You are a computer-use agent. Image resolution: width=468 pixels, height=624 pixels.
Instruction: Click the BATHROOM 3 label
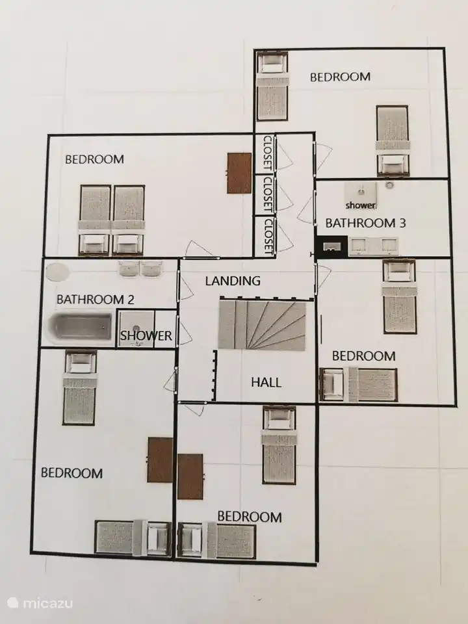[x=365, y=223]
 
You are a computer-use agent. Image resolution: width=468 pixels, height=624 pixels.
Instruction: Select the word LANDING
[x=233, y=281]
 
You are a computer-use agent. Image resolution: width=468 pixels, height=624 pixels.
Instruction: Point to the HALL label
[x=266, y=382]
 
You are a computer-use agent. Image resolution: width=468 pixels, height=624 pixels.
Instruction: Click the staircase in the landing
[x=262, y=325]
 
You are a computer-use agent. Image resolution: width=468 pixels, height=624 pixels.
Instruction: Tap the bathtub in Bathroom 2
[x=80, y=327]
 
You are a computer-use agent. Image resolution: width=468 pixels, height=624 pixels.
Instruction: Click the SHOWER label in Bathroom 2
[x=146, y=336]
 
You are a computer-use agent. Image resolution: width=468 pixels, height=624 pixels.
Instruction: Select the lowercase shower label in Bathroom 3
[x=361, y=205]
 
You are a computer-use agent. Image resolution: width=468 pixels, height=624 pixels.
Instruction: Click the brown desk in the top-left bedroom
[x=239, y=172]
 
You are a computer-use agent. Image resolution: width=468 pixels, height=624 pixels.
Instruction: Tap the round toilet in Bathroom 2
[x=57, y=271]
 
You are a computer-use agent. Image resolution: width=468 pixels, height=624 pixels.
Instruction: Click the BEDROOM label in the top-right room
[x=340, y=77]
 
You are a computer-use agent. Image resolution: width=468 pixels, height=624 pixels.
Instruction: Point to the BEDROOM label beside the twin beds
[x=94, y=159]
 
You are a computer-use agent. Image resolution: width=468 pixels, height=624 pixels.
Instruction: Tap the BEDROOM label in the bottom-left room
[x=71, y=473]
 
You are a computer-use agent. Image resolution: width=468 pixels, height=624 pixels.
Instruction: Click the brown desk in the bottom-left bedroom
[x=160, y=460]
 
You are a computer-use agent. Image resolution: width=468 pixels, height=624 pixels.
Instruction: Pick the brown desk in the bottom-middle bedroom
[x=190, y=476]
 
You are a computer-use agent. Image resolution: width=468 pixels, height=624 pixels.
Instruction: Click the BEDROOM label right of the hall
[x=363, y=356]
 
